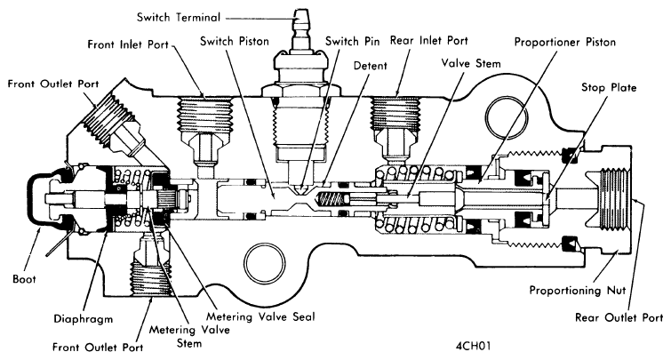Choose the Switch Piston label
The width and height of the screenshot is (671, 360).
234,42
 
